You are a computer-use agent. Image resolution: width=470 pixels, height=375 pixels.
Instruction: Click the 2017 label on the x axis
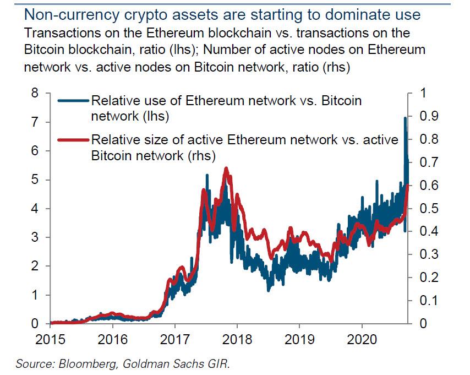coord(174,338)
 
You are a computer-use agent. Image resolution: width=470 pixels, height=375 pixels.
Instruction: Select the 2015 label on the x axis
coord(50,338)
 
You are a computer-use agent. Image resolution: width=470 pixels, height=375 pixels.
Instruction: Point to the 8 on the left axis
coord(35,93)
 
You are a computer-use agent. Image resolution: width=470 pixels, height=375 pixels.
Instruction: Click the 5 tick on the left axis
coord(35,180)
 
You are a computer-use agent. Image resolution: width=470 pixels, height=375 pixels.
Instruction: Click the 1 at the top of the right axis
coord(422,93)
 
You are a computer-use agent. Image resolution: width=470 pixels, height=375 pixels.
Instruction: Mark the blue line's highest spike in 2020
coord(405,118)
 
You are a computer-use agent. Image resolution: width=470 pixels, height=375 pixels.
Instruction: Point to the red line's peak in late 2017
coord(226,169)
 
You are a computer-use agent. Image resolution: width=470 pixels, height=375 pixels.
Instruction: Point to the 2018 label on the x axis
coord(237,338)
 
